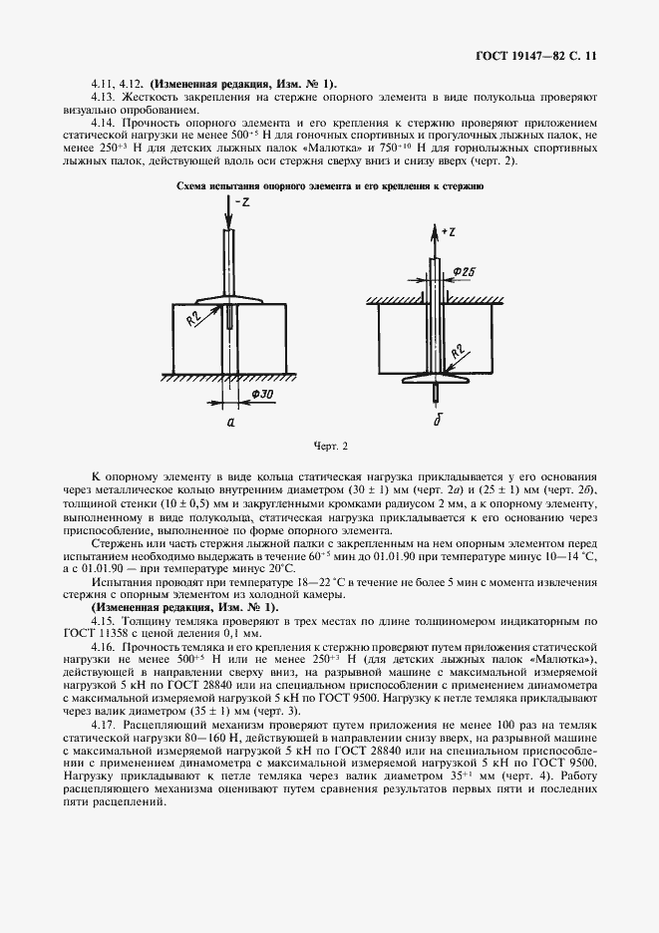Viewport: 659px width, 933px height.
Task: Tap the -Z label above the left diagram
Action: (239, 204)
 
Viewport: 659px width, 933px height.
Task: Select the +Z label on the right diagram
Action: (447, 231)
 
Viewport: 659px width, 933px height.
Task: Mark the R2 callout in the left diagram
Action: (196, 320)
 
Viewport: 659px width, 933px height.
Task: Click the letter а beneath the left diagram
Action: (230, 422)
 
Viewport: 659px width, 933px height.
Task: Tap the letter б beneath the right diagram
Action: (437, 421)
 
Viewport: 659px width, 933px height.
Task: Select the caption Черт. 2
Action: (330, 446)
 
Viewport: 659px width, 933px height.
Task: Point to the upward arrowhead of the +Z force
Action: (435, 230)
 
